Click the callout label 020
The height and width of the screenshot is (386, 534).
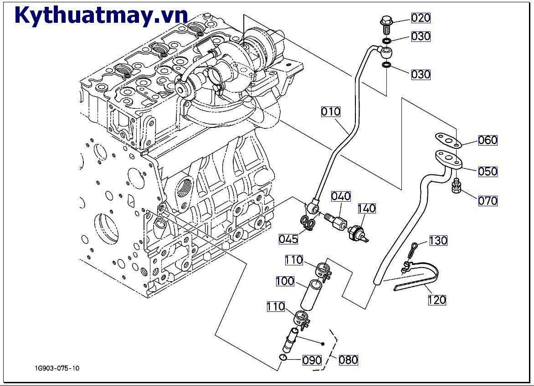point(421,18)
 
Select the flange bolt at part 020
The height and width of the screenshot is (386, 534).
point(385,25)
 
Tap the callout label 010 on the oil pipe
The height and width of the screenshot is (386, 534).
point(331,112)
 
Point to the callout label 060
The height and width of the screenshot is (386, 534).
point(488,140)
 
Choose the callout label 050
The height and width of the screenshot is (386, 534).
point(488,172)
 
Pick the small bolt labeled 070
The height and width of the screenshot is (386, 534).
point(456,187)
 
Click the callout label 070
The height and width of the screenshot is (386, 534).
point(488,201)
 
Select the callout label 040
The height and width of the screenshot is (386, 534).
point(341,196)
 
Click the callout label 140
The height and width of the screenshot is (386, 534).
point(366,208)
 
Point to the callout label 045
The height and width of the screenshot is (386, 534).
point(289,239)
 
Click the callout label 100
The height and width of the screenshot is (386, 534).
point(285,281)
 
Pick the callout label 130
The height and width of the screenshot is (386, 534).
point(438,240)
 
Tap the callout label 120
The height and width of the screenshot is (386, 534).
point(436,300)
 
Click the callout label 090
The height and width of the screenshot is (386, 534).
point(312,360)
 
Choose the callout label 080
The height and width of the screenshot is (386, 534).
point(348,360)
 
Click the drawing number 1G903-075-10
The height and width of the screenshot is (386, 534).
point(56,368)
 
